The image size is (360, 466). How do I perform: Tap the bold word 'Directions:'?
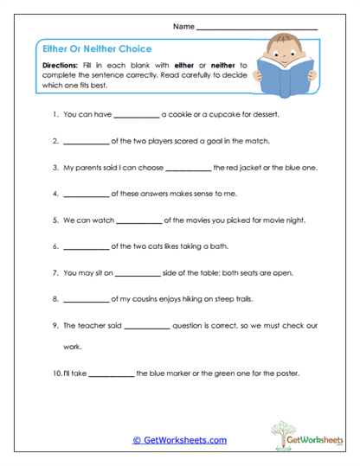pos(62,66)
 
